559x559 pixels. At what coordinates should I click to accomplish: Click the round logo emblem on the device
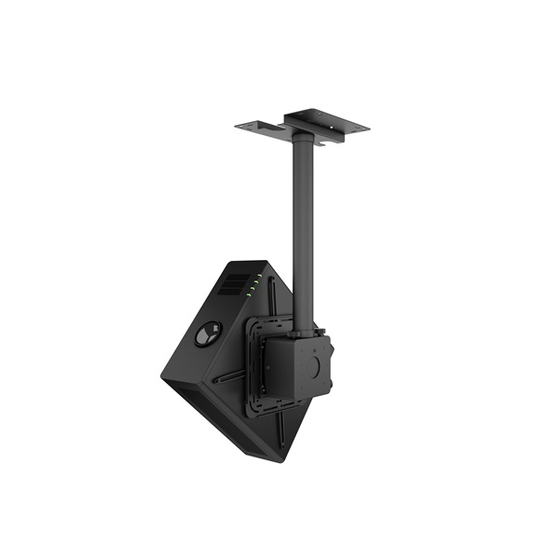point(208,334)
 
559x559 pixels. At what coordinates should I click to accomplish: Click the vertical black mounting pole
point(302,233)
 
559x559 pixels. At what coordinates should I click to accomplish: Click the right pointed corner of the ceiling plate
point(368,128)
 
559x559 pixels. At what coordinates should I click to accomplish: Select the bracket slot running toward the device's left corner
point(228,378)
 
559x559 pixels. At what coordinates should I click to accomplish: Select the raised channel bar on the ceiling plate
point(317,119)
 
